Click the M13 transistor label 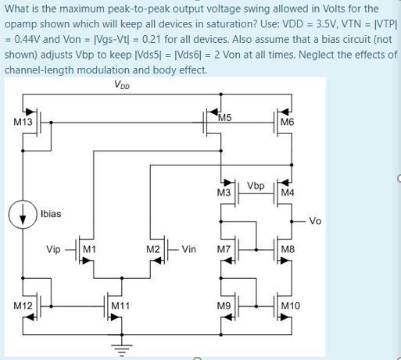pyautogui.click(x=23, y=122)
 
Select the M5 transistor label pyautogui.click(x=225, y=118)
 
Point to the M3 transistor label pyautogui.click(x=224, y=191)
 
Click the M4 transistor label pyautogui.click(x=288, y=191)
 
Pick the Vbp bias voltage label pyautogui.click(x=255, y=186)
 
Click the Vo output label pyautogui.click(x=315, y=221)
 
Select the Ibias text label pyautogui.click(x=50, y=213)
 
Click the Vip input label pyautogui.click(x=54, y=250)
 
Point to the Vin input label pyautogui.click(x=188, y=250)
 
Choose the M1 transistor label pyautogui.click(x=89, y=250)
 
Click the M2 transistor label pyautogui.click(x=153, y=250)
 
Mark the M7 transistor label pyautogui.click(x=224, y=250)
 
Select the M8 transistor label pyautogui.click(x=288, y=250)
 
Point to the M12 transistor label pyautogui.click(x=23, y=305)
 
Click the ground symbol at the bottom pyautogui.click(x=120, y=349)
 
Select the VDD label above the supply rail pyautogui.click(x=122, y=85)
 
